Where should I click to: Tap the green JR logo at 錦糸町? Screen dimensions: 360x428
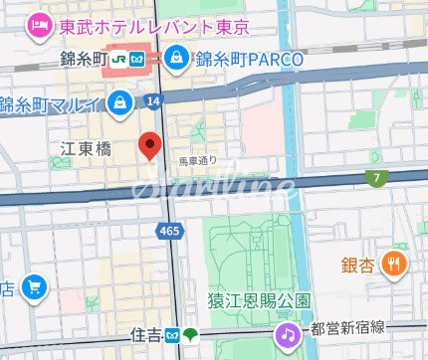(x=118, y=59)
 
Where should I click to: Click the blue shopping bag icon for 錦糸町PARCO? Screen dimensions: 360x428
(x=178, y=58)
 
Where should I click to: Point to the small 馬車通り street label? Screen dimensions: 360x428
(x=197, y=159)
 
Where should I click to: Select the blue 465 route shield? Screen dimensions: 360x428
(x=169, y=231)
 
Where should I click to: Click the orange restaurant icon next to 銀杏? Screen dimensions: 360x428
(x=396, y=264)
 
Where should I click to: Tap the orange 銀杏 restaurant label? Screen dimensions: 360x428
(x=358, y=265)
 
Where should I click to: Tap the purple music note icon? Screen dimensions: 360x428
(x=288, y=335)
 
